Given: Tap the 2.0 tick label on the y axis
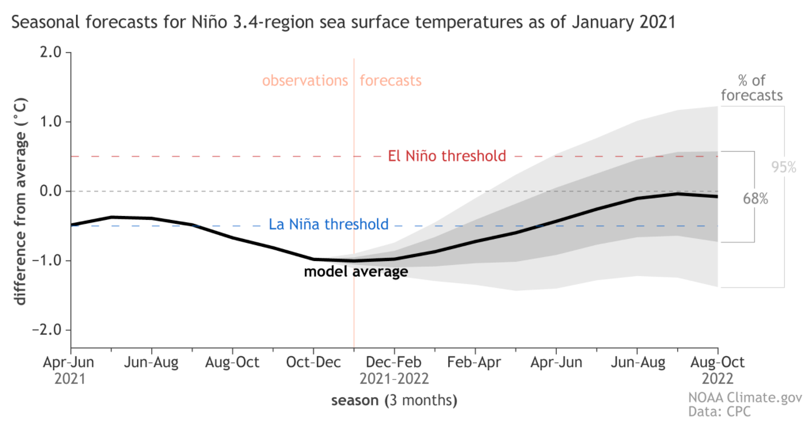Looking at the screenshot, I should (x=51, y=53).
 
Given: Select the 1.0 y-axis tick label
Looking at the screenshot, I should (x=51, y=122).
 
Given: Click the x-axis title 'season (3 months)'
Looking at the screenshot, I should (x=394, y=401).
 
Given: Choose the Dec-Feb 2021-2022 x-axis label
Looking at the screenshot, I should (x=394, y=370).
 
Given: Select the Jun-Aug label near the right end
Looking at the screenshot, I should (x=637, y=362).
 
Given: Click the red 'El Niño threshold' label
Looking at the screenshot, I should (x=447, y=156).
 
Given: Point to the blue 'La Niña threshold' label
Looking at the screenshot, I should (x=328, y=225).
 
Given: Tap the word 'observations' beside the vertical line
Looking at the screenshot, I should (x=305, y=81).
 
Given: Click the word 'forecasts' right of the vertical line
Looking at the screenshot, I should (x=391, y=81).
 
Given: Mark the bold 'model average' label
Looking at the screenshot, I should (x=356, y=271).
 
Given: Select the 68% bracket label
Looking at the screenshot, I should (x=755, y=199).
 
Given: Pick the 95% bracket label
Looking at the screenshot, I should (x=783, y=167).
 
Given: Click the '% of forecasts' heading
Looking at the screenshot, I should (x=751, y=88).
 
